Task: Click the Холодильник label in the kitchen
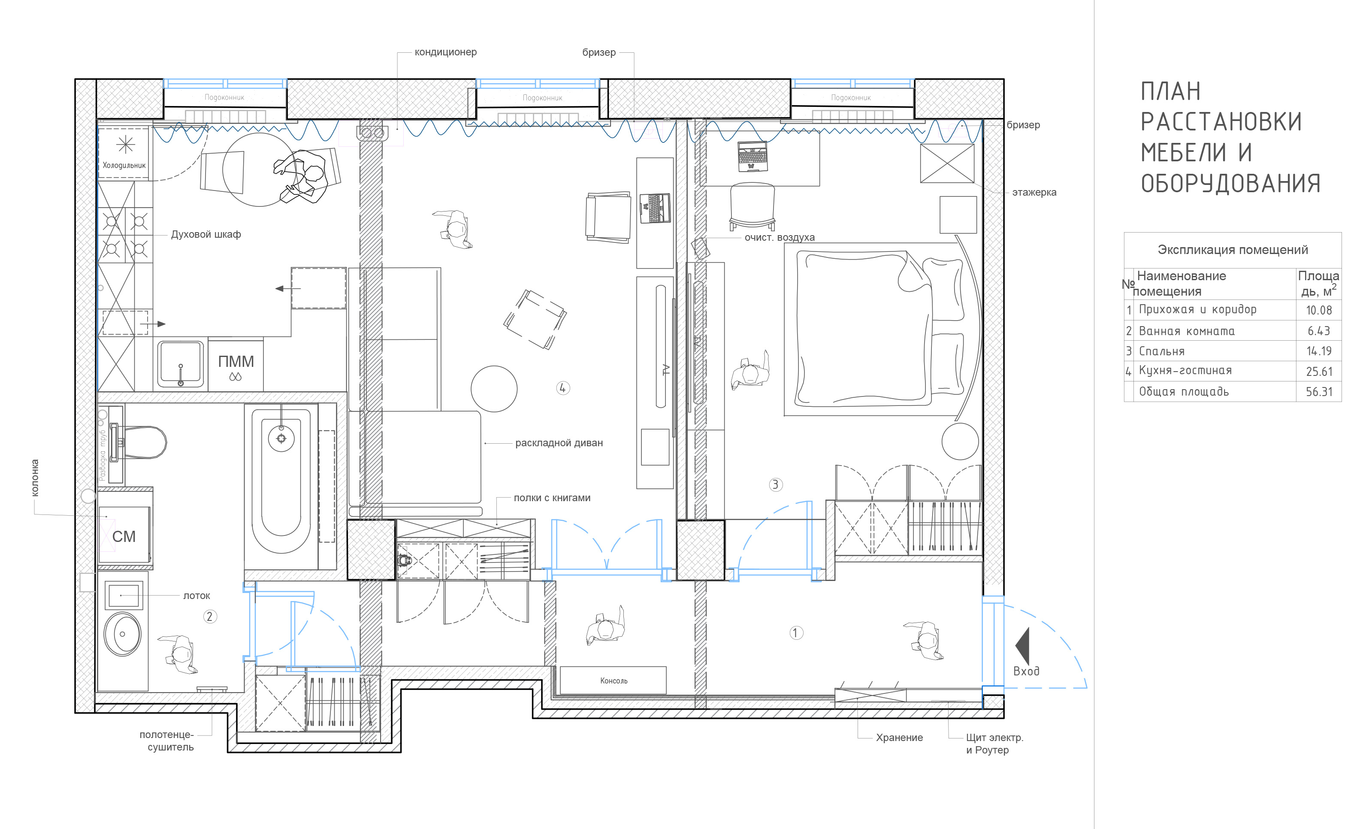point(124,165)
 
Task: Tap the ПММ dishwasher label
point(236,362)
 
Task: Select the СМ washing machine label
point(124,536)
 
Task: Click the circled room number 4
point(563,388)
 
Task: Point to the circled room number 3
point(776,484)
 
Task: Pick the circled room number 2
point(209,616)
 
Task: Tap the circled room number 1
point(796,633)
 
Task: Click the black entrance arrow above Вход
point(1022,646)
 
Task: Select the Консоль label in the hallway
point(613,681)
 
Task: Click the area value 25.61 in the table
point(1319,371)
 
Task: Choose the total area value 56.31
point(1319,392)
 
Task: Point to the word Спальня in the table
point(1162,351)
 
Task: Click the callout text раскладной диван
point(559,443)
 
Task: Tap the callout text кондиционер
point(446,52)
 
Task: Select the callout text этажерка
point(1034,192)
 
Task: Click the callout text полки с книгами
point(552,498)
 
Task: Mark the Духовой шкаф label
point(206,234)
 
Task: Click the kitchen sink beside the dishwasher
point(181,364)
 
